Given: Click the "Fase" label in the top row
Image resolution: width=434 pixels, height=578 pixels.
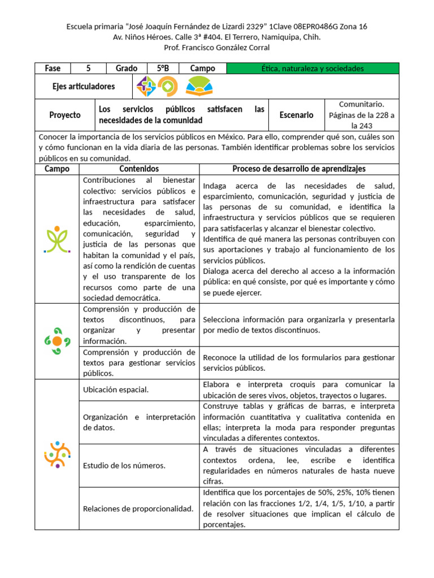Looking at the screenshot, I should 53,68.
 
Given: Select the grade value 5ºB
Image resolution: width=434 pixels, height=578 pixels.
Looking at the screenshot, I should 163,68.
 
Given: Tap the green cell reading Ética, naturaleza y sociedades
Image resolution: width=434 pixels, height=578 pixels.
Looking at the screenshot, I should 313,68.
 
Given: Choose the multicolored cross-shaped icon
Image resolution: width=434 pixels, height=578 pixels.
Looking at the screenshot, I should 146,86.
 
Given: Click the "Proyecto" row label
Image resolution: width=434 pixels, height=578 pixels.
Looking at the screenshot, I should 65,115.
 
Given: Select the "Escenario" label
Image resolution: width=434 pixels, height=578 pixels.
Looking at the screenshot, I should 296,115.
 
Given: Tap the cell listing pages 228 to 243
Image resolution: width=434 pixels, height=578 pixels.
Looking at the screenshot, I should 362,115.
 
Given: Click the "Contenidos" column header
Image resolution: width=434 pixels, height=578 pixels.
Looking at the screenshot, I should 139,169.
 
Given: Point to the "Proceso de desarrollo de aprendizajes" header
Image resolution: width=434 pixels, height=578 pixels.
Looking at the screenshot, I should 299,169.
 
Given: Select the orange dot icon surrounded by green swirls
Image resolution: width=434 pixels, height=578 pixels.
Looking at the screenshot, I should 57,341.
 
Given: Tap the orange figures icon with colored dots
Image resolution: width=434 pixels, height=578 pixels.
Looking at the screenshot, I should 57,454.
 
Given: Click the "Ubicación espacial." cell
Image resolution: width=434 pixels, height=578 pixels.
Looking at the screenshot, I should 116,389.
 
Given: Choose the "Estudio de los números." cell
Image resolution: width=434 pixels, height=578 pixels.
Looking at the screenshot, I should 124,465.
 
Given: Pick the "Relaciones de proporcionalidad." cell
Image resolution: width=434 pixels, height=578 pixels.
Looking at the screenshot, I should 138,508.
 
